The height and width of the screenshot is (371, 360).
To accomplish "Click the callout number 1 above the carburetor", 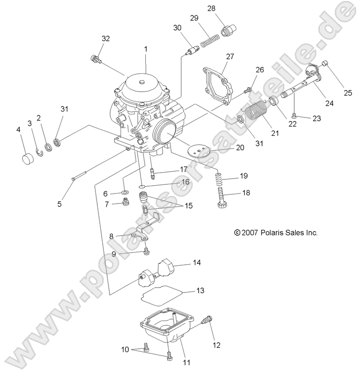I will click(x=145, y=49).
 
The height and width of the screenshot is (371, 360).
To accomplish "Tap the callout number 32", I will click(x=106, y=38).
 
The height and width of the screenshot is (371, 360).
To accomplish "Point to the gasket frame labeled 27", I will click(x=215, y=85).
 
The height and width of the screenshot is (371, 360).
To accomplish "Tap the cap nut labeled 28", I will click(x=227, y=32).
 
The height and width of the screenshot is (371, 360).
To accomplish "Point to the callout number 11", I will click(x=186, y=362).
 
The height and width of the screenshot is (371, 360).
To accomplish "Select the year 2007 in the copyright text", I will click(x=251, y=233).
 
